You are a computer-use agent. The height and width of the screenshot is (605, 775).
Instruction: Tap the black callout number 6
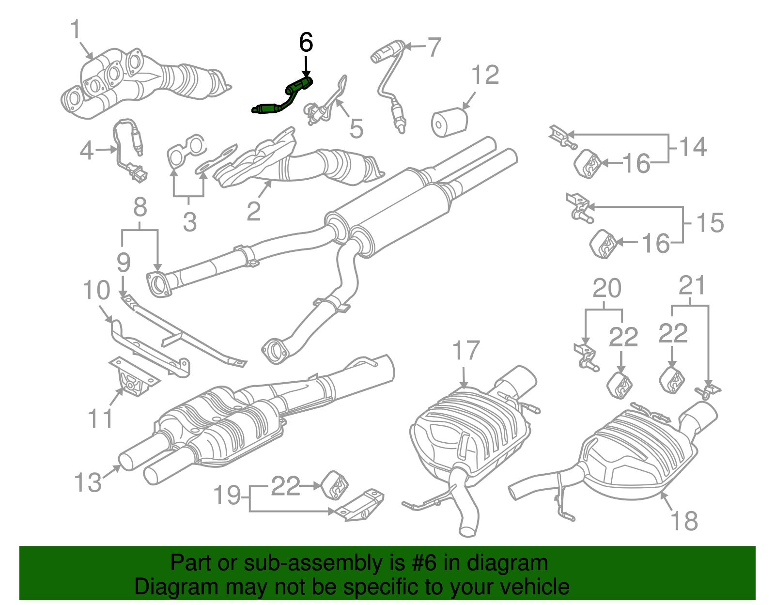click(x=306, y=43)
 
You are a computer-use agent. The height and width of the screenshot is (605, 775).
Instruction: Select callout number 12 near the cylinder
click(x=484, y=75)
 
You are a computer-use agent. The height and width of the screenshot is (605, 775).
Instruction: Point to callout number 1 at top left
click(x=75, y=30)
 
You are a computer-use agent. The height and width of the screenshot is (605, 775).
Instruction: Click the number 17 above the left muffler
click(x=465, y=351)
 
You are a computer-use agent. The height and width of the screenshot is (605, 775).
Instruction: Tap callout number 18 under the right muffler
click(x=683, y=521)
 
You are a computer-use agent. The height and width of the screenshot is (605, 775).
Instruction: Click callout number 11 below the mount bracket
click(x=101, y=418)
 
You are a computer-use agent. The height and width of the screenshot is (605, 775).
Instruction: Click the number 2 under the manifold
click(x=253, y=211)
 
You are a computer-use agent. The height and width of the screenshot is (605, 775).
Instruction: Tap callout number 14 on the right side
click(x=693, y=147)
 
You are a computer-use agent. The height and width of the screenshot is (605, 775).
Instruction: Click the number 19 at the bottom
click(x=227, y=496)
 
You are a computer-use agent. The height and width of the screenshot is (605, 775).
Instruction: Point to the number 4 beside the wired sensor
click(x=86, y=151)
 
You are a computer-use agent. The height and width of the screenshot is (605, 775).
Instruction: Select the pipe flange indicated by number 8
click(x=158, y=284)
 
